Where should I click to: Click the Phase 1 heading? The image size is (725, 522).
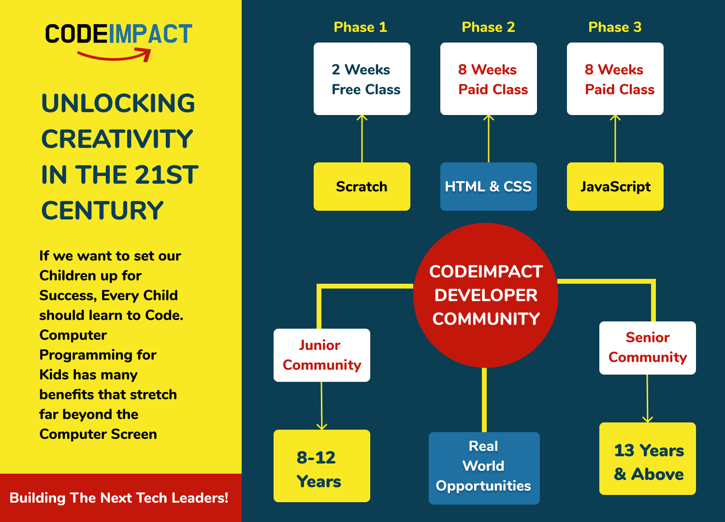[x=361, y=27]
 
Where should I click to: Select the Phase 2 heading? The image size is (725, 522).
[x=488, y=27]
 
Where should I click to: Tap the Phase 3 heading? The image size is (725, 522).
[x=615, y=27]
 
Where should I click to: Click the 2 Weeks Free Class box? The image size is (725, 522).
[x=362, y=79]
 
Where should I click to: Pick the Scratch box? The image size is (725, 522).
[x=362, y=187]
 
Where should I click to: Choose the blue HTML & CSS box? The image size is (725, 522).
[x=488, y=187]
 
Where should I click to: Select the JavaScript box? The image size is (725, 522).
[x=615, y=187]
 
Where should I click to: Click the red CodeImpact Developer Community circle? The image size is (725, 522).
[x=486, y=295]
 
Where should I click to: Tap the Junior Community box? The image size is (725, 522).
[x=322, y=355]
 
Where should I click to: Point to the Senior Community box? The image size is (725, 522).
[x=648, y=348]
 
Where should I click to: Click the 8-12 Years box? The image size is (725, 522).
[x=322, y=466]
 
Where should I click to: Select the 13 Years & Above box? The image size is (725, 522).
[x=648, y=459]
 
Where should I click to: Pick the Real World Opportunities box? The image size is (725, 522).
[x=484, y=468]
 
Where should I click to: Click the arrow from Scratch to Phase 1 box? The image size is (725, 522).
[x=362, y=139]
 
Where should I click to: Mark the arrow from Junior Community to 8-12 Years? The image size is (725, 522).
[x=321, y=406]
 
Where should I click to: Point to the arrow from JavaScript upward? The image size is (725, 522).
[x=615, y=139]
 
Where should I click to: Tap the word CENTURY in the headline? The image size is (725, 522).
[x=102, y=211]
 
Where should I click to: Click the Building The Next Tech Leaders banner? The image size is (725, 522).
[x=119, y=498]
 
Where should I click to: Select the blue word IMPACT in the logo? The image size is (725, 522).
[x=150, y=34]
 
